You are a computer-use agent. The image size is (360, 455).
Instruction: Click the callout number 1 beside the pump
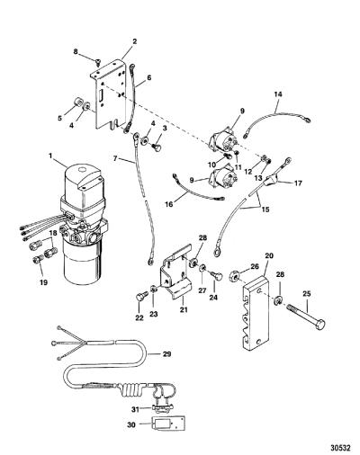(50, 156)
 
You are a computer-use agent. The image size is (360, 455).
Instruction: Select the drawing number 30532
(340, 449)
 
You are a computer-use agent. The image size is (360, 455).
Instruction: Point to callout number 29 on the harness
(166, 354)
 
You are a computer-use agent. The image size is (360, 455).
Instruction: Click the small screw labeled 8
(98, 61)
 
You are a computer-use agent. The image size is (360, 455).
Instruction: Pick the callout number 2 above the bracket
(135, 41)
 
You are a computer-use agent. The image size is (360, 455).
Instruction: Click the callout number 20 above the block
(269, 255)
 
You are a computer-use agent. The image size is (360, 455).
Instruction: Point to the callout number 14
(278, 94)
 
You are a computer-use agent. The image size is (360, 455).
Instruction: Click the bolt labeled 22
(140, 298)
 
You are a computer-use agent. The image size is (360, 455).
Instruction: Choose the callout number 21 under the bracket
(184, 309)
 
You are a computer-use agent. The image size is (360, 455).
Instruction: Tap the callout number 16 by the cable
(169, 204)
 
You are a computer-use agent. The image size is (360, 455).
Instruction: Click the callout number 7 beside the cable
(115, 158)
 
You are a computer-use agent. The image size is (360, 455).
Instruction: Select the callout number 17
(298, 183)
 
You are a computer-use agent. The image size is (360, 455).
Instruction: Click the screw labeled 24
(218, 275)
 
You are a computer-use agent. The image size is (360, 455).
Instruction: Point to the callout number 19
(44, 281)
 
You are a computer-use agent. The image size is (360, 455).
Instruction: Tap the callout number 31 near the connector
(136, 409)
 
